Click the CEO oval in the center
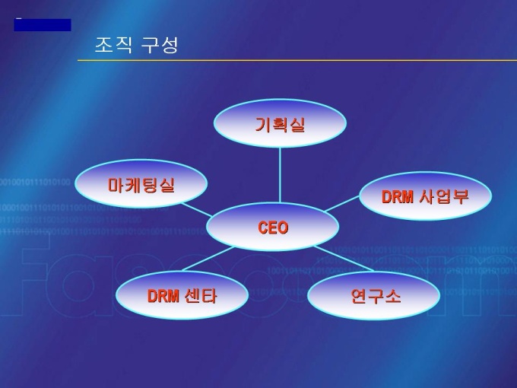272,227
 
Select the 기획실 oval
280,124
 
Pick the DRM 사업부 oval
425,196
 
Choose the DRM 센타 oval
182,295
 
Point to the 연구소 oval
374,295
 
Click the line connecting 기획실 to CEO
280,175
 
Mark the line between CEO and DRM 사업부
342,204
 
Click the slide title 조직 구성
136,45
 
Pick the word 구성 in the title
160,45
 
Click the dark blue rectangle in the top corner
43,25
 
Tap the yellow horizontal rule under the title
297,59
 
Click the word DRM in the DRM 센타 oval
163,295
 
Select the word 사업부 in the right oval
444,196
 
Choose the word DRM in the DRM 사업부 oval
397,196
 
